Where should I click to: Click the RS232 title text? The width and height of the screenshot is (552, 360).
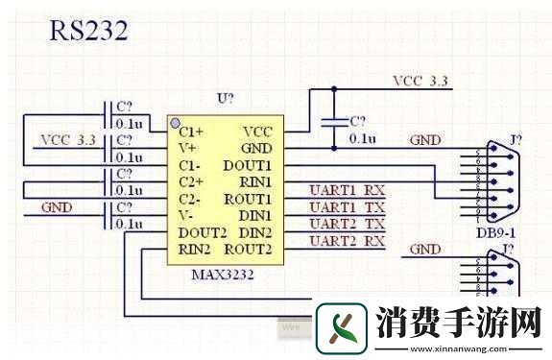[88, 31]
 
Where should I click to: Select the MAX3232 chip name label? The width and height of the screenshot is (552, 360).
[221, 276]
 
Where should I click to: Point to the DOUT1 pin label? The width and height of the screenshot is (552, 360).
[249, 165]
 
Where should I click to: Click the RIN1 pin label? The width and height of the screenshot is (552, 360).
[254, 181]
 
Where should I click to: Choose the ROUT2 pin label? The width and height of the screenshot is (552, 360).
[248, 250]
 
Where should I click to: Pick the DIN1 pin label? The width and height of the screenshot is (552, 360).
[254, 216]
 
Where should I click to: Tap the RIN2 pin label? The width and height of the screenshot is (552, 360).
[194, 250]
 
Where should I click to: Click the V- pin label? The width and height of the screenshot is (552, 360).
[185, 216]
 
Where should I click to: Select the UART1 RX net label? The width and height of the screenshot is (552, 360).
[346, 189]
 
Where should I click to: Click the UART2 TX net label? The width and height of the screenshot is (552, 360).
[346, 224]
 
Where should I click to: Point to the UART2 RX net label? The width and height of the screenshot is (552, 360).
[346, 241]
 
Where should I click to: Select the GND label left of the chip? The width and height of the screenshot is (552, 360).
[56, 207]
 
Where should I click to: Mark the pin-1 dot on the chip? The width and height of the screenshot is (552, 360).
[174, 124]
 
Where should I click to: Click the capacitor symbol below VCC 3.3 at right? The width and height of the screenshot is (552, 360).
[334, 122]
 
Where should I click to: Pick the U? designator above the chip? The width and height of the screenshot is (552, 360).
[227, 100]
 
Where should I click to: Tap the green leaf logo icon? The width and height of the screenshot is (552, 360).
[343, 325]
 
